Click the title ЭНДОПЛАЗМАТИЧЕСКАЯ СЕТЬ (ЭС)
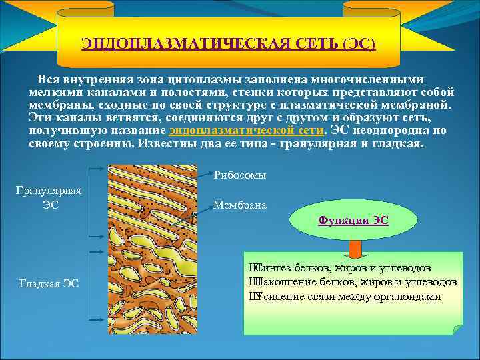(x=228, y=45)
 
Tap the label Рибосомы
(x=240, y=175)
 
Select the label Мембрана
(x=240, y=205)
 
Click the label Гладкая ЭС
(x=50, y=283)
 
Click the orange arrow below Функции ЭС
(x=354, y=249)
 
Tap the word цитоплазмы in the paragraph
(x=195, y=79)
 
